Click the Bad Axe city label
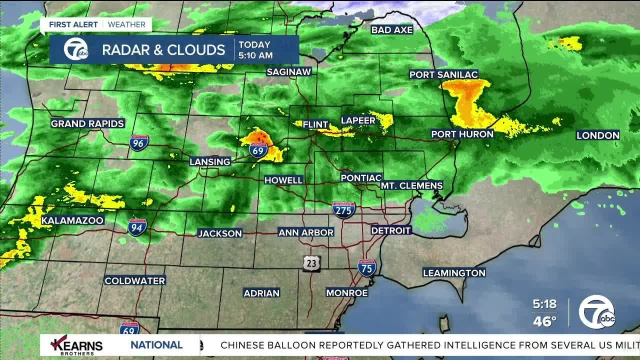click(x=392, y=30)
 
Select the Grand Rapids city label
click(x=87, y=123)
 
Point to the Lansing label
click(x=210, y=161)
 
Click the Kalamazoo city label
click(x=72, y=220)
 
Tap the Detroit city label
click(x=391, y=230)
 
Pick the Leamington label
click(x=454, y=273)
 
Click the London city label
click(x=598, y=135)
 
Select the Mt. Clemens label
click(x=412, y=185)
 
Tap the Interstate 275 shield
click(x=344, y=210)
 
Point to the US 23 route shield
click(x=311, y=263)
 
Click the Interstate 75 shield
click(x=367, y=268)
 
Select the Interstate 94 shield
click(x=137, y=227)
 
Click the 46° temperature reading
click(x=544, y=321)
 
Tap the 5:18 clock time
click(x=544, y=304)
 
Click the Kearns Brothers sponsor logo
click(x=77, y=344)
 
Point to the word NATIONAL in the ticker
click(x=156, y=345)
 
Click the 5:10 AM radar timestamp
click(x=255, y=55)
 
